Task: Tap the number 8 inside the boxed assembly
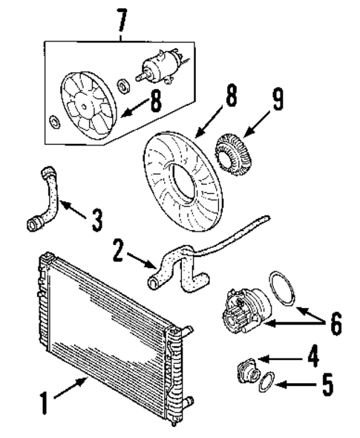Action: pyautogui.click(x=154, y=102)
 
